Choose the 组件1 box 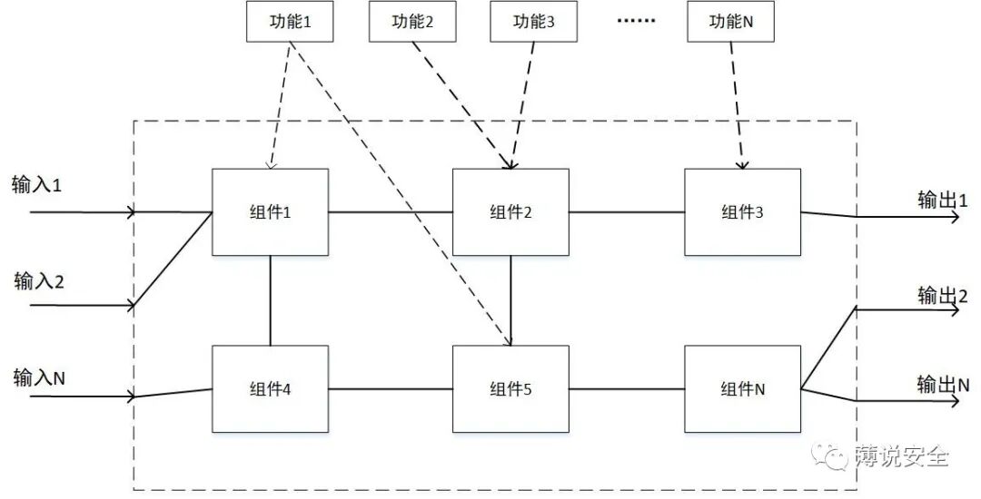point(270,212)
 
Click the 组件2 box point(510,212)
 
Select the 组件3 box point(742,212)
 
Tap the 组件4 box point(270,389)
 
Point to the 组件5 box point(510,389)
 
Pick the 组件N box point(742,389)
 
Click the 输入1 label point(36,186)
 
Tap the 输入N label point(38,376)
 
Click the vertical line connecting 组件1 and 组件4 point(270,300)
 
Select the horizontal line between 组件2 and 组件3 point(627,212)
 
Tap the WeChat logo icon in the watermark point(830,456)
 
